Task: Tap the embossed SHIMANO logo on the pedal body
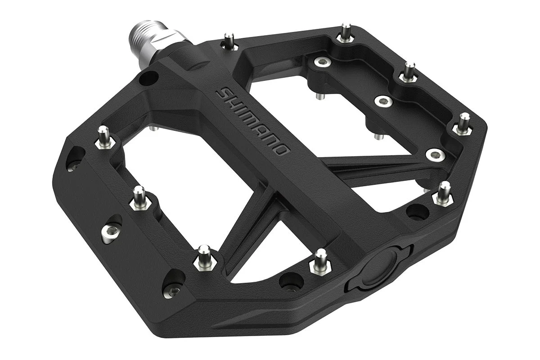click(x=252, y=122)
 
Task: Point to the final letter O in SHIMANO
click(x=282, y=149)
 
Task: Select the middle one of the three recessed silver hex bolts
click(x=383, y=101)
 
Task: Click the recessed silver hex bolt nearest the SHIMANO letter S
click(x=322, y=62)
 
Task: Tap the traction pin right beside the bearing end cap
click(x=320, y=262)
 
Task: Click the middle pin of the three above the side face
click(x=139, y=198)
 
